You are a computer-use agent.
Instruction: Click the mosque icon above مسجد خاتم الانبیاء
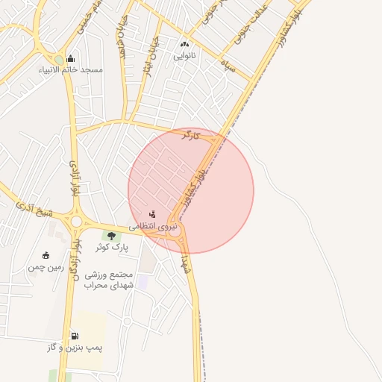click(x=70, y=59)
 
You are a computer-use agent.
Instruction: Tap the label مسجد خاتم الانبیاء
click(x=71, y=70)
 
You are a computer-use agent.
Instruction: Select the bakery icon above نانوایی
click(x=185, y=45)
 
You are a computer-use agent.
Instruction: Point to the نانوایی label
click(x=185, y=55)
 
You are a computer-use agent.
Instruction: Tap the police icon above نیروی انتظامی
click(x=153, y=215)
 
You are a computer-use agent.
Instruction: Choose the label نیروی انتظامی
click(x=154, y=225)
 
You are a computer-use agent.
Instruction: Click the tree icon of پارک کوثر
click(x=111, y=236)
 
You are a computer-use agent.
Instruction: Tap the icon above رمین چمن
click(x=46, y=256)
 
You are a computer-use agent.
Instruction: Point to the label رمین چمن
click(x=46, y=266)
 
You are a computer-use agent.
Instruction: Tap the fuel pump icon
click(x=74, y=336)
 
